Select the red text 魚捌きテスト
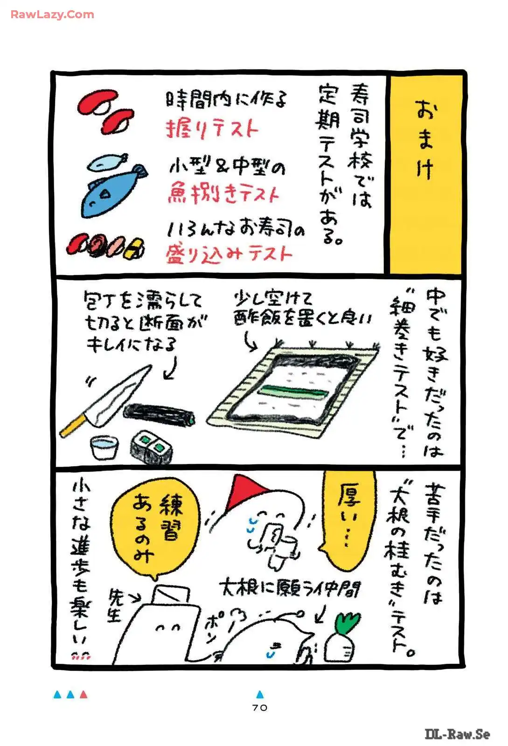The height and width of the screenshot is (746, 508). [223, 193]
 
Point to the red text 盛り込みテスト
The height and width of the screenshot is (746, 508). [229, 254]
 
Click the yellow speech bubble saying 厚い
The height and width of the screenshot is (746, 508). [349, 518]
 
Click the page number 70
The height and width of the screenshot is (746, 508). [260, 707]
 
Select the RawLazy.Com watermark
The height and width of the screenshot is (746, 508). [52, 14]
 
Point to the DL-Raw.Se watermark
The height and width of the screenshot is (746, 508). [457, 734]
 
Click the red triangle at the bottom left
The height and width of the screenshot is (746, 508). [84, 695]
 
